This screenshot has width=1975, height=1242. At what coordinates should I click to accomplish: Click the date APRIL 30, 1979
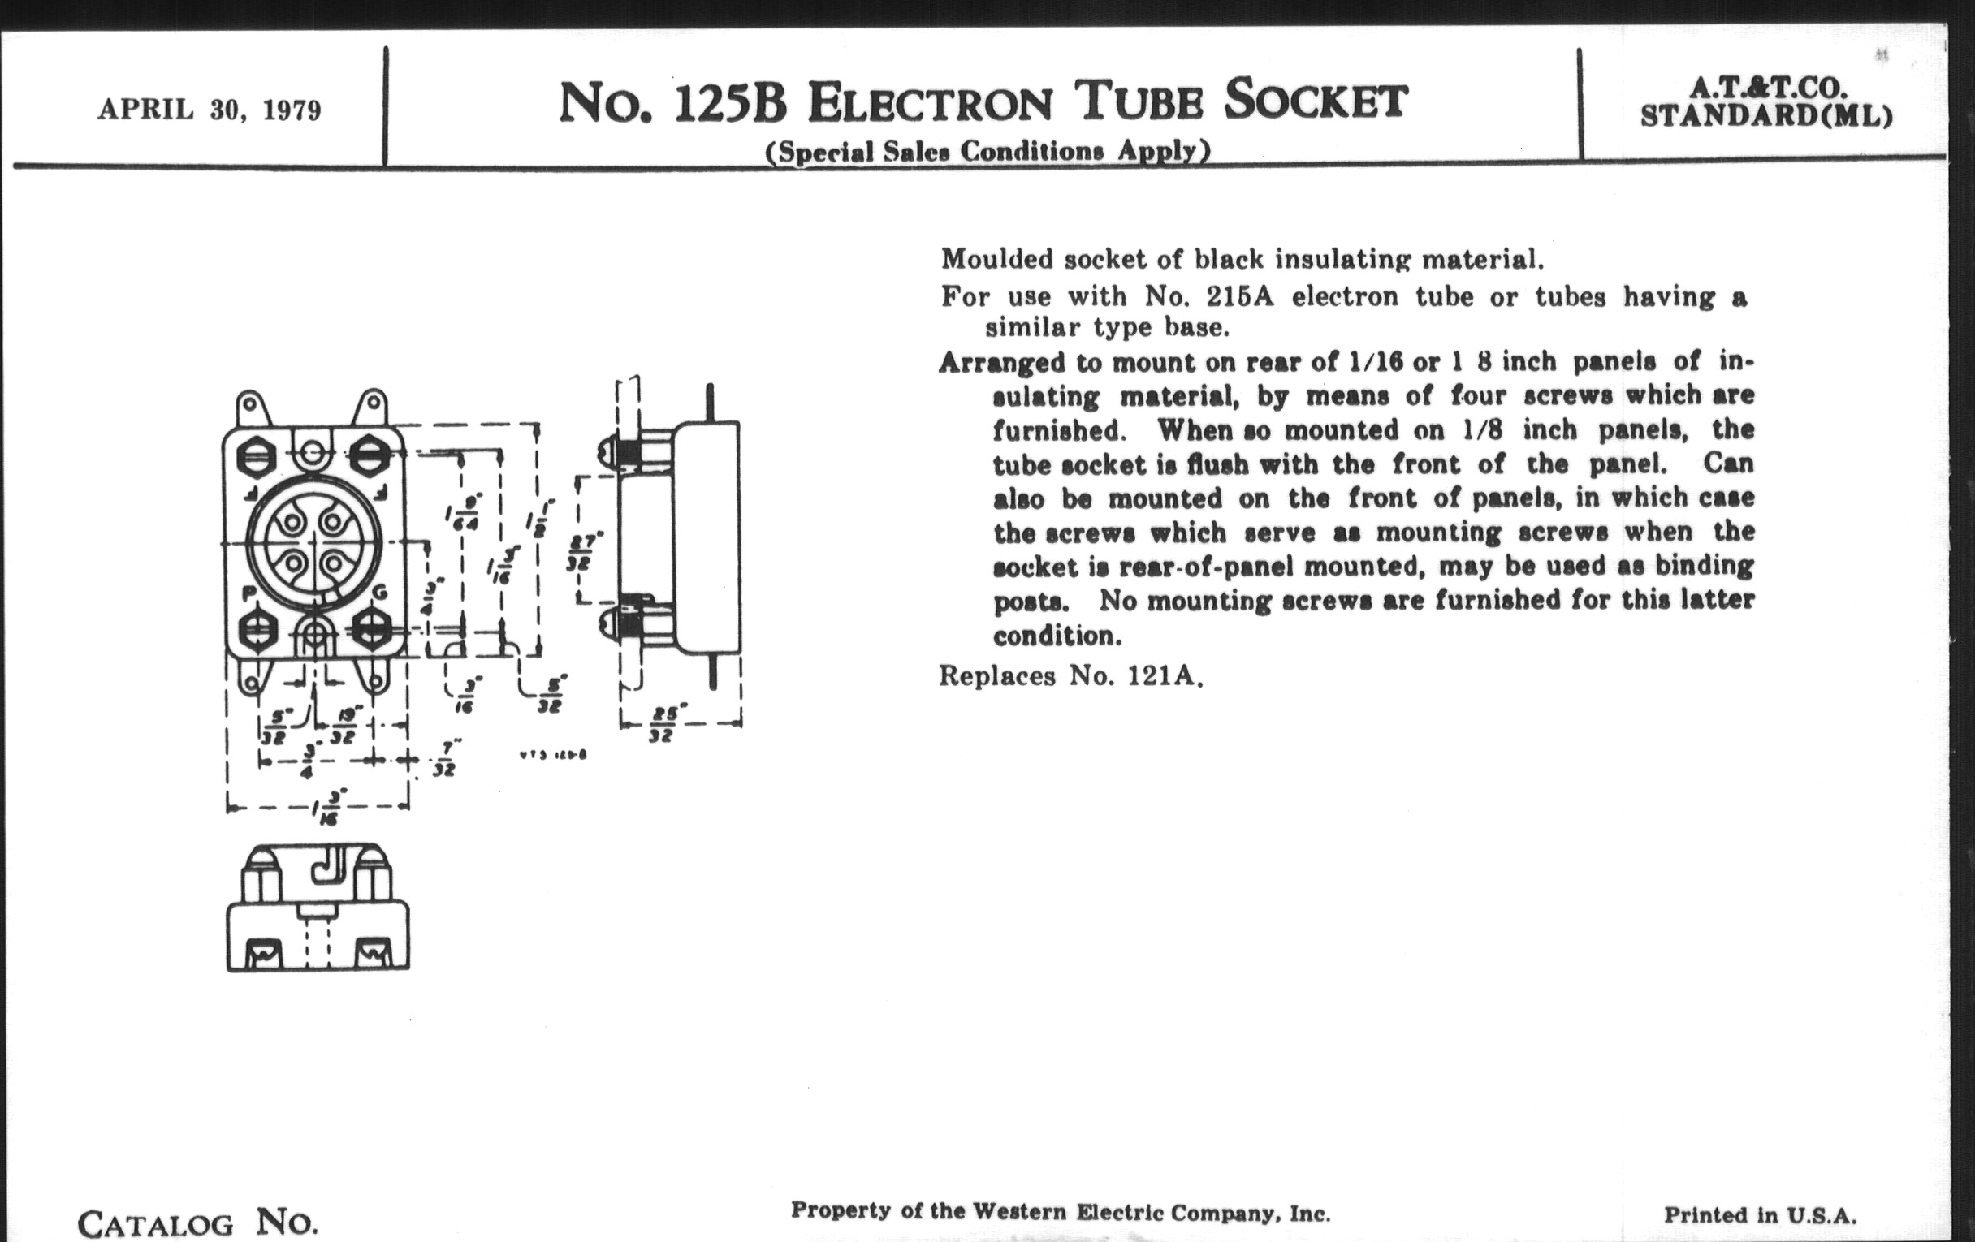point(210,110)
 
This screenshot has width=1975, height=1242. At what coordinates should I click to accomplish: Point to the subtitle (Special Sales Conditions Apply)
point(987,151)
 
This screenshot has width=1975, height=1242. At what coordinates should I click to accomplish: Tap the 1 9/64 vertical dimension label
point(465,512)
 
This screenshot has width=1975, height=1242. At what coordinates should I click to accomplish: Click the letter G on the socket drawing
point(381,593)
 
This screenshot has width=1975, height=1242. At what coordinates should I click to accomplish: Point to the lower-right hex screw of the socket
point(371,629)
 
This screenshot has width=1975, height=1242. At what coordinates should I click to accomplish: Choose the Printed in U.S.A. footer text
point(1760,1214)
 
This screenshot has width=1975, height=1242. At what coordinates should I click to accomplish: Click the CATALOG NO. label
point(197,1224)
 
